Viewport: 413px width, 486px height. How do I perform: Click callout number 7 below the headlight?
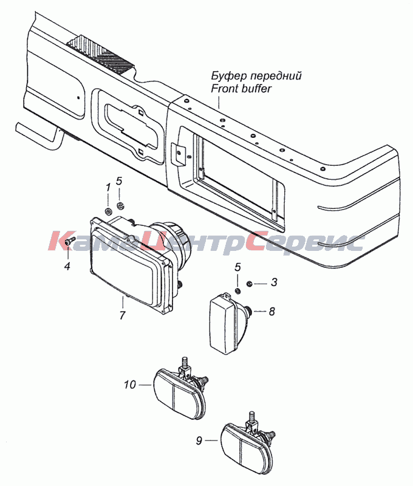pos(123,315)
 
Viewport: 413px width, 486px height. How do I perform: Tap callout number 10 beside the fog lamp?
pos(130,385)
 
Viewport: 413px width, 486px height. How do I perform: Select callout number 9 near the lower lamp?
pos(199,440)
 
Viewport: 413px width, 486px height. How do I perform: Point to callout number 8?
pos(271,311)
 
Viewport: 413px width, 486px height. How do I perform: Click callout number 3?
pos(273,282)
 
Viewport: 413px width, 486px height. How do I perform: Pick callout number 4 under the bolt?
pos(67,265)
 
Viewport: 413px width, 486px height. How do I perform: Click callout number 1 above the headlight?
pos(108,188)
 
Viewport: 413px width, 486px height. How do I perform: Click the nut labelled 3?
pos(248,283)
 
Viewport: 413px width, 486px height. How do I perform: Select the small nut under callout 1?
pos(109,212)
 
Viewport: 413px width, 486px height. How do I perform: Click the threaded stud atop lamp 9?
pos(251,417)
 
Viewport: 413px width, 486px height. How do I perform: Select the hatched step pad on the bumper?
pos(100,53)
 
